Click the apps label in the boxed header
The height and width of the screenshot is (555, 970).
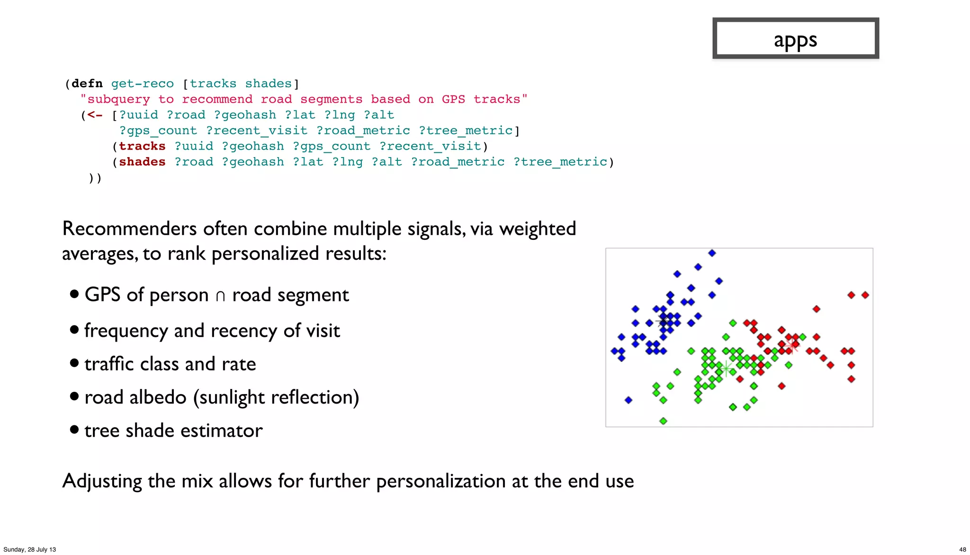(x=795, y=40)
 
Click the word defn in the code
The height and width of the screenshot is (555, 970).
(x=87, y=84)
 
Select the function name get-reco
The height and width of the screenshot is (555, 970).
(x=142, y=84)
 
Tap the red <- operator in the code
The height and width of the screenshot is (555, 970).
(x=95, y=115)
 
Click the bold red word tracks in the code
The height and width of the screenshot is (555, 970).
(x=142, y=146)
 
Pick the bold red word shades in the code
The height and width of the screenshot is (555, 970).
(x=142, y=162)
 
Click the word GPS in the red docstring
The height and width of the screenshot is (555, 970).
(x=453, y=99)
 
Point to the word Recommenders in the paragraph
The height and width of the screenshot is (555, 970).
(x=129, y=229)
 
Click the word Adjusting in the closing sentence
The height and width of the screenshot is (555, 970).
(x=102, y=481)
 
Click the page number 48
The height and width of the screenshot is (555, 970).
(x=962, y=549)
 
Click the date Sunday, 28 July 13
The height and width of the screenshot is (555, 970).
(x=29, y=549)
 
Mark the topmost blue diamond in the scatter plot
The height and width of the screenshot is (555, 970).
(x=712, y=253)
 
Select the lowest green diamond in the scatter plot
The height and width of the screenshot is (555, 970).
(x=663, y=421)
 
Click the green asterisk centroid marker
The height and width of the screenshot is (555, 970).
(x=726, y=368)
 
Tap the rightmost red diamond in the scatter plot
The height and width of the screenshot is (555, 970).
(x=865, y=295)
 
